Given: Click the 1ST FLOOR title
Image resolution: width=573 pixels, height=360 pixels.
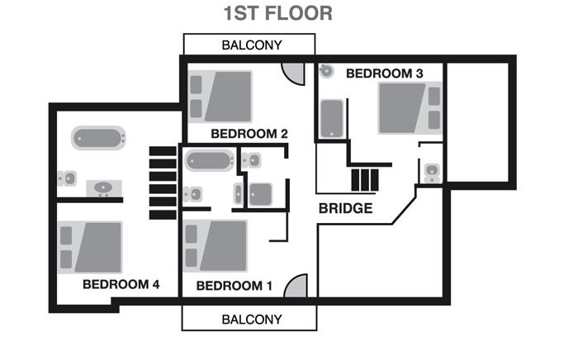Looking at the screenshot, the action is (x=278, y=13).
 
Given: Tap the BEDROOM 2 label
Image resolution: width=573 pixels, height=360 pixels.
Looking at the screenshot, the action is (x=249, y=134).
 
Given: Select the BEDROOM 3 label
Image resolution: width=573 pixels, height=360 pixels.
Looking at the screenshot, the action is (x=385, y=73).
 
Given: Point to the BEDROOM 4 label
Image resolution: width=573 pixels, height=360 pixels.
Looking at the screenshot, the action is (x=121, y=284).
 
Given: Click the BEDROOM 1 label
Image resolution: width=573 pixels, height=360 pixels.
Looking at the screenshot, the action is (x=234, y=286).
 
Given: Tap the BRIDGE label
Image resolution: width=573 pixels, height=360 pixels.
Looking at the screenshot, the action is (x=346, y=208).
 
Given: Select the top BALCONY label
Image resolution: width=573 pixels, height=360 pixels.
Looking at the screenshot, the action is (x=252, y=45).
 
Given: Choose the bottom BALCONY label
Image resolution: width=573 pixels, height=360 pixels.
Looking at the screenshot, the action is (x=252, y=320).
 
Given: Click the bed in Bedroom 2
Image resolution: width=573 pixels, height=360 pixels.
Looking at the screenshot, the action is (x=220, y=97).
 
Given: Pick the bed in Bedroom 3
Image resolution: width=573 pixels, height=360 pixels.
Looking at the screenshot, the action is (x=410, y=108).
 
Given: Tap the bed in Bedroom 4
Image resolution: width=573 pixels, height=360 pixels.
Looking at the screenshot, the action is (x=90, y=248).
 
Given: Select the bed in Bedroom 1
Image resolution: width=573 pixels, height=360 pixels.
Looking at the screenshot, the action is (x=215, y=245).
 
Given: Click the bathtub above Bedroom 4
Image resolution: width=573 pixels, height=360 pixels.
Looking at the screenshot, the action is (x=98, y=138).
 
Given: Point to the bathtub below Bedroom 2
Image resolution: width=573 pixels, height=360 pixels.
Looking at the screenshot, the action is (x=210, y=160).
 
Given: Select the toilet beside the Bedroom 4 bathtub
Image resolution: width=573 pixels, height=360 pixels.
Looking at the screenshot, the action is (x=67, y=178).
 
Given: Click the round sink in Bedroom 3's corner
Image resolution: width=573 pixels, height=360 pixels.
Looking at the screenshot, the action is (x=326, y=71).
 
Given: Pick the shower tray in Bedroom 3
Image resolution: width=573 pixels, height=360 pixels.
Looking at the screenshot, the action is (x=332, y=119).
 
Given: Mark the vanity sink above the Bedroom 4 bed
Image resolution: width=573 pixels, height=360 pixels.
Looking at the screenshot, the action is (x=104, y=188).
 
